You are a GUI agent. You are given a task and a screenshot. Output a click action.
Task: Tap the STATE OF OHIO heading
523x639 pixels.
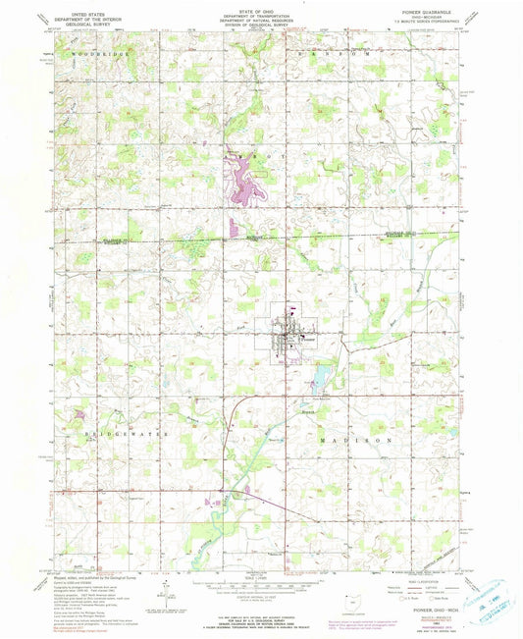point(261,9)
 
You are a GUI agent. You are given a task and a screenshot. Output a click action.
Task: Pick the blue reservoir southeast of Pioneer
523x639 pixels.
point(319,375)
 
